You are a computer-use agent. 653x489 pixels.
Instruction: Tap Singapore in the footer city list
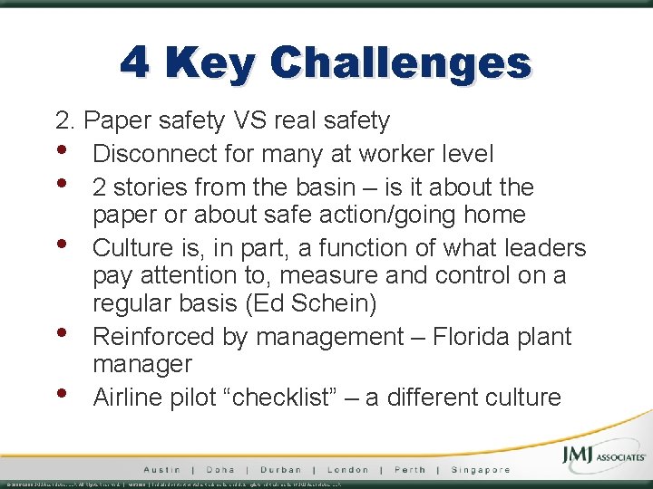[x=479, y=470]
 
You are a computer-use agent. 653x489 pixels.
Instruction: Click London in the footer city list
[x=348, y=470]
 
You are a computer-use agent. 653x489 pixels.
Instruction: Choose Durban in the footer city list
[x=281, y=470]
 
